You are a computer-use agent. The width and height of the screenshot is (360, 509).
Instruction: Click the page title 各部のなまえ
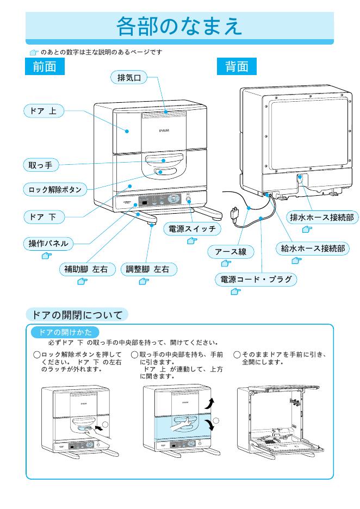pyautogui.click(x=179, y=26)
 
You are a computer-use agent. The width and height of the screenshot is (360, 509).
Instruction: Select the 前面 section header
pyautogui.click(x=46, y=67)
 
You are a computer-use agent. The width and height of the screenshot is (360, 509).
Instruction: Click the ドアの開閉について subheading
pyautogui.click(x=77, y=314)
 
